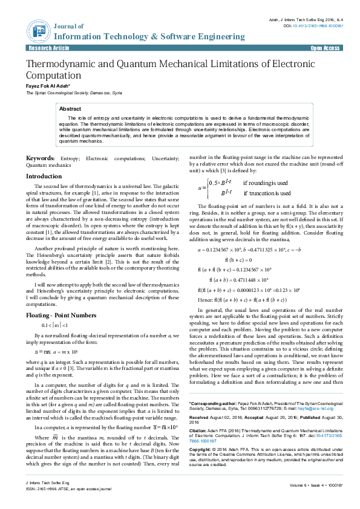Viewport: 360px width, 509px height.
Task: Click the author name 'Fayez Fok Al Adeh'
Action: click(x=47, y=86)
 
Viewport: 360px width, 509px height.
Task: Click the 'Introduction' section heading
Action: click(x=44, y=176)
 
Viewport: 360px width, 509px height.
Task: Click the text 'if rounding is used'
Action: click(x=266, y=182)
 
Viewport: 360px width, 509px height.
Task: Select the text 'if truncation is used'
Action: click(x=267, y=193)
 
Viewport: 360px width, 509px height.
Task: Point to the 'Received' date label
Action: click(x=200, y=401)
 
